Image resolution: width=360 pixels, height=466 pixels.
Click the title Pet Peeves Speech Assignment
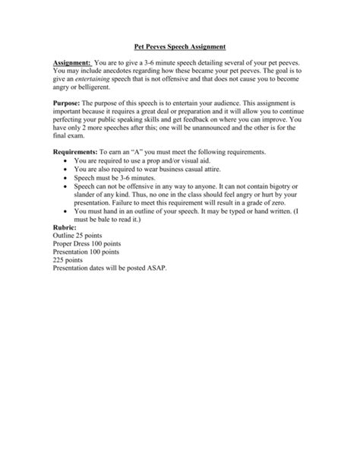pyautogui.click(x=180, y=47)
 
